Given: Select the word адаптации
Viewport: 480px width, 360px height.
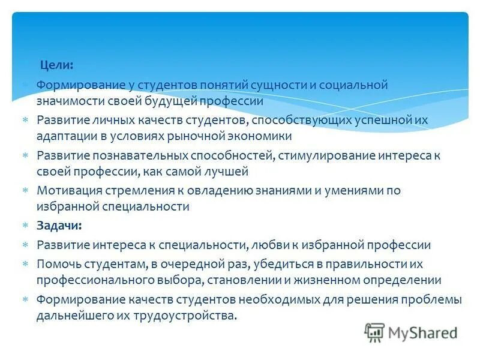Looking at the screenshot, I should click(64, 136).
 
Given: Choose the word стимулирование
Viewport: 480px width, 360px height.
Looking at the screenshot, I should click(326, 156).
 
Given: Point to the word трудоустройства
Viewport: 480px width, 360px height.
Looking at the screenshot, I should click(190, 316).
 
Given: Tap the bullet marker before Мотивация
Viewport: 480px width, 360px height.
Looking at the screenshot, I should click(25, 190).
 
